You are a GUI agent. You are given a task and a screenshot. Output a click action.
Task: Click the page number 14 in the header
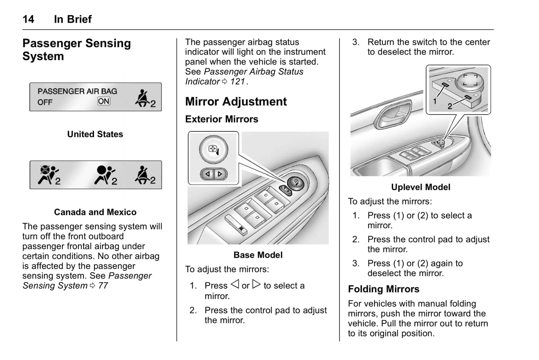[28, 19]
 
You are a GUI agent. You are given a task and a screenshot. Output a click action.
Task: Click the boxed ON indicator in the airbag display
[104, 101]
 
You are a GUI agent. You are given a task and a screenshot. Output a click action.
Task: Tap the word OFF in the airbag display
[45, 102]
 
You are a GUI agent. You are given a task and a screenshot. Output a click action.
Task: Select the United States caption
[95, 134]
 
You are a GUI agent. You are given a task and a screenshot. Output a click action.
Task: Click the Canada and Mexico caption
[95, 212]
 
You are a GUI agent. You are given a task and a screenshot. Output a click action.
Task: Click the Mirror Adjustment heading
[236, 101]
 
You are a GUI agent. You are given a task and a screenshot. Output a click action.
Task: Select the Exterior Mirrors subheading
[222, 119]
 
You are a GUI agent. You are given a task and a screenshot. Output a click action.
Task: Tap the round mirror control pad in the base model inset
[213, 150]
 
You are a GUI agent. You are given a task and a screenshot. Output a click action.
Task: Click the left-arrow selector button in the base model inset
[208, 174]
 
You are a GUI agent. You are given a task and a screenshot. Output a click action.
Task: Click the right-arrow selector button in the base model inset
[220, 174]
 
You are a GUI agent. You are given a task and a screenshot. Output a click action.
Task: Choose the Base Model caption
[258, 255]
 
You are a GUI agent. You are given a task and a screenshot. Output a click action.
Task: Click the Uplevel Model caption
[420, 187]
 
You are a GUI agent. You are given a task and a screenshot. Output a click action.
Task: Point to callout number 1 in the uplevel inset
[435, 101]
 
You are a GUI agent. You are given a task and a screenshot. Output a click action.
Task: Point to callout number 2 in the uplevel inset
[450, 106]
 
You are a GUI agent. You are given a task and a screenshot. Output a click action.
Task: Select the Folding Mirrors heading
[383, 289]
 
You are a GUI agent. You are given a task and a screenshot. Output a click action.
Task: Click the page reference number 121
[237, 81]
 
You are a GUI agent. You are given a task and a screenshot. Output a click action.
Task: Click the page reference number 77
[103, 286]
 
